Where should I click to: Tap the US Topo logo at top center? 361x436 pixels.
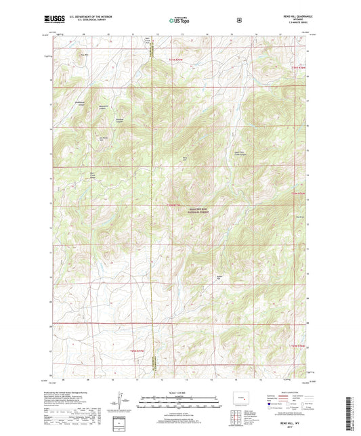(179, 21)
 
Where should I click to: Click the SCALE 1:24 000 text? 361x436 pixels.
(179, 393)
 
